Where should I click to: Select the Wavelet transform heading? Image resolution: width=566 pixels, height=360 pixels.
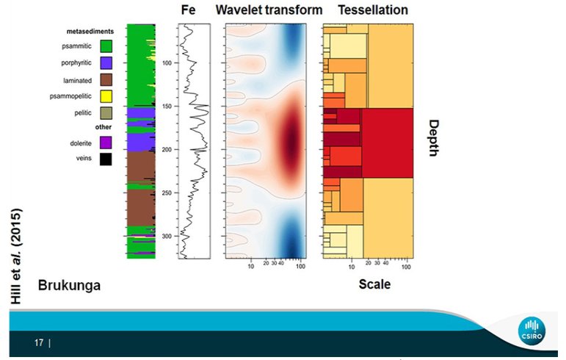pos(269,10)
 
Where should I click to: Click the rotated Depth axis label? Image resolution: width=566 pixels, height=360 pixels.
pos(433,137)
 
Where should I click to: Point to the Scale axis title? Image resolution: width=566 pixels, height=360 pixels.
pos(374,284)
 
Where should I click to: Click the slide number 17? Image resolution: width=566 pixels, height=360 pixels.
pos(39,342)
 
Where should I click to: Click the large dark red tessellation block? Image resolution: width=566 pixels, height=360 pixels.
pos(387,143)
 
